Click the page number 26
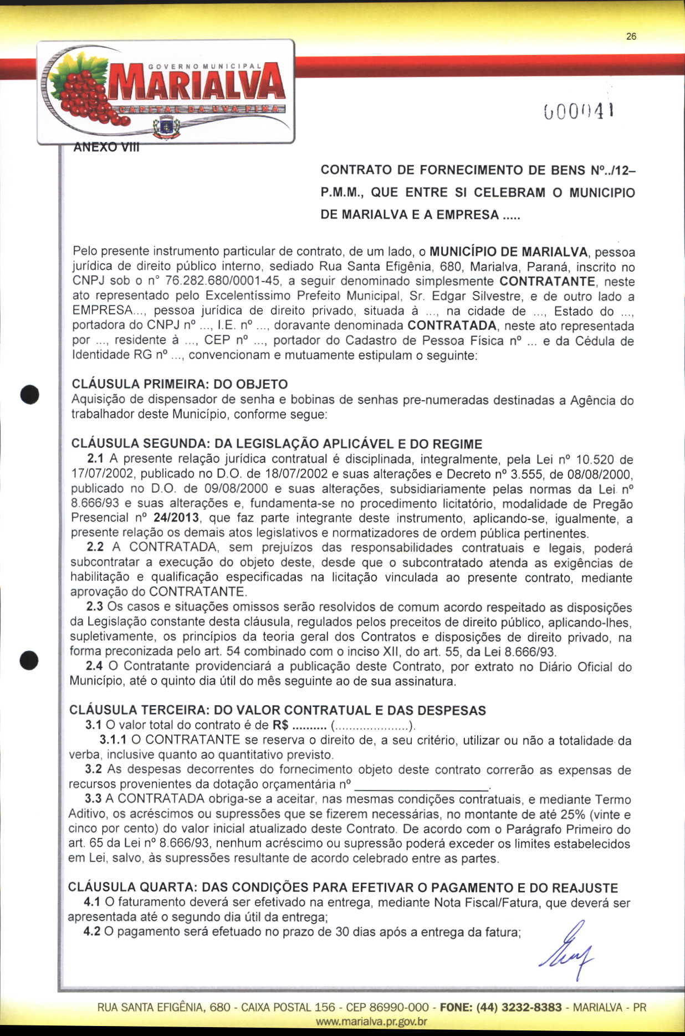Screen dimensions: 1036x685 [x=631, y=37]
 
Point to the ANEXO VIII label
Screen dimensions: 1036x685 [x=106, y=147]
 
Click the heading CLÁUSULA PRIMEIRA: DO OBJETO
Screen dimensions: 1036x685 [x=180, y=384]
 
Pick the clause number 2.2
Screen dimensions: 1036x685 [x=95, y=547]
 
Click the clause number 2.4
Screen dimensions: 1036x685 [x=94, y=666]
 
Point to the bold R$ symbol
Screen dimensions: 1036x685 [x=280, y=725]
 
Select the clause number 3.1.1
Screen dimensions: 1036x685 [x=113, y=739]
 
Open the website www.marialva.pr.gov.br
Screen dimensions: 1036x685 [x=371, y=1021]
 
